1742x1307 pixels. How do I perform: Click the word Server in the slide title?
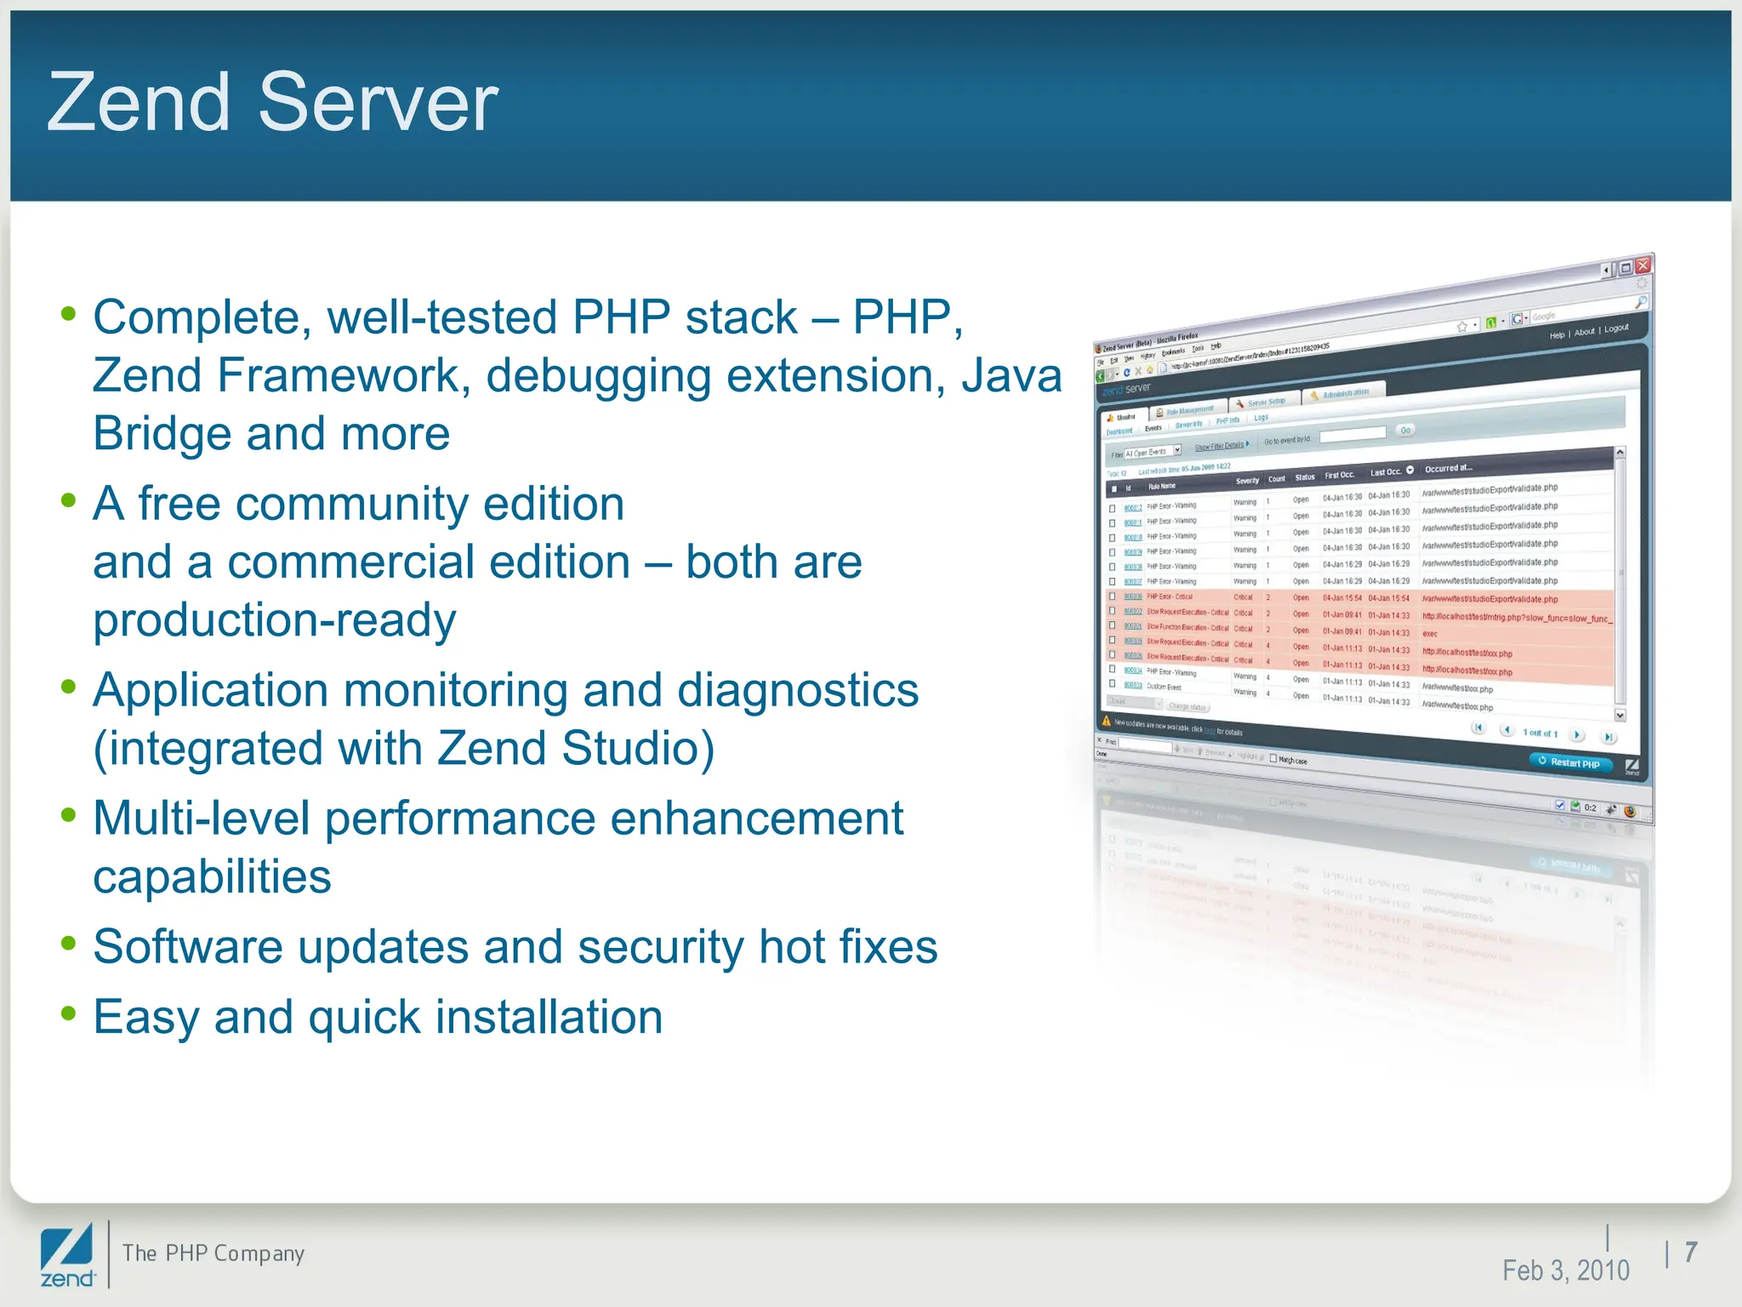click(378, 103)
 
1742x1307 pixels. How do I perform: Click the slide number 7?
click(1691, 1252)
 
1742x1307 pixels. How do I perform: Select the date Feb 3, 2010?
click(1565, 1270)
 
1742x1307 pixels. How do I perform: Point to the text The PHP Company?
click(213, 1253)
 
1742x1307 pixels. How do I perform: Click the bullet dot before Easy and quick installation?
click(69, 1013)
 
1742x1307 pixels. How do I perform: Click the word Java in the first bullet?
click(1011, 376)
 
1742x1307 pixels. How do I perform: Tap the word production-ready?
click(274, 621)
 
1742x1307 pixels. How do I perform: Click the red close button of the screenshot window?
click(1643, 265)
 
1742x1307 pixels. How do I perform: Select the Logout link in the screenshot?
click(1616, 328)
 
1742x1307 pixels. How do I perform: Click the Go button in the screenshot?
click(1405, 431)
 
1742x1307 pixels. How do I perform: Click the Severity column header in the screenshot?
click(1247, 481)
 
